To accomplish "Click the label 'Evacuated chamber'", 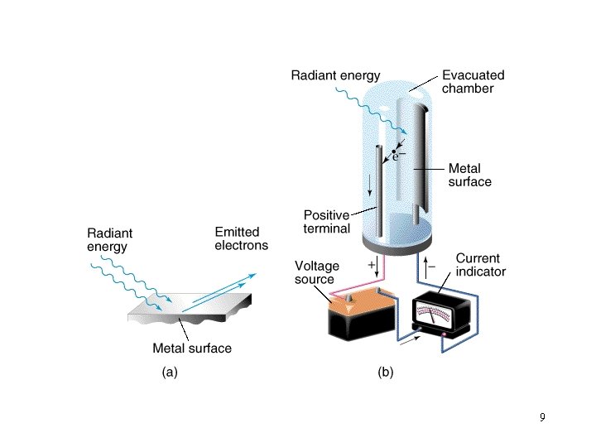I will (473, 81).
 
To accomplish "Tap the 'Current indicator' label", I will (480, 265).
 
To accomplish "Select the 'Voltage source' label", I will (315, 272).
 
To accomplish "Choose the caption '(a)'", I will (169, 372).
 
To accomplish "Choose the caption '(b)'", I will (386, 372).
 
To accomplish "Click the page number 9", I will (541, 417).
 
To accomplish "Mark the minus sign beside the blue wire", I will (431, 267).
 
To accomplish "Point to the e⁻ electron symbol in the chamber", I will (398, 155).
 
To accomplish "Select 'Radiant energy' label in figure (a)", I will (109, 239).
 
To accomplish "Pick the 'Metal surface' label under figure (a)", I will (192, 348).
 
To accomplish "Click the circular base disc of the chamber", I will (400, 243).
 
